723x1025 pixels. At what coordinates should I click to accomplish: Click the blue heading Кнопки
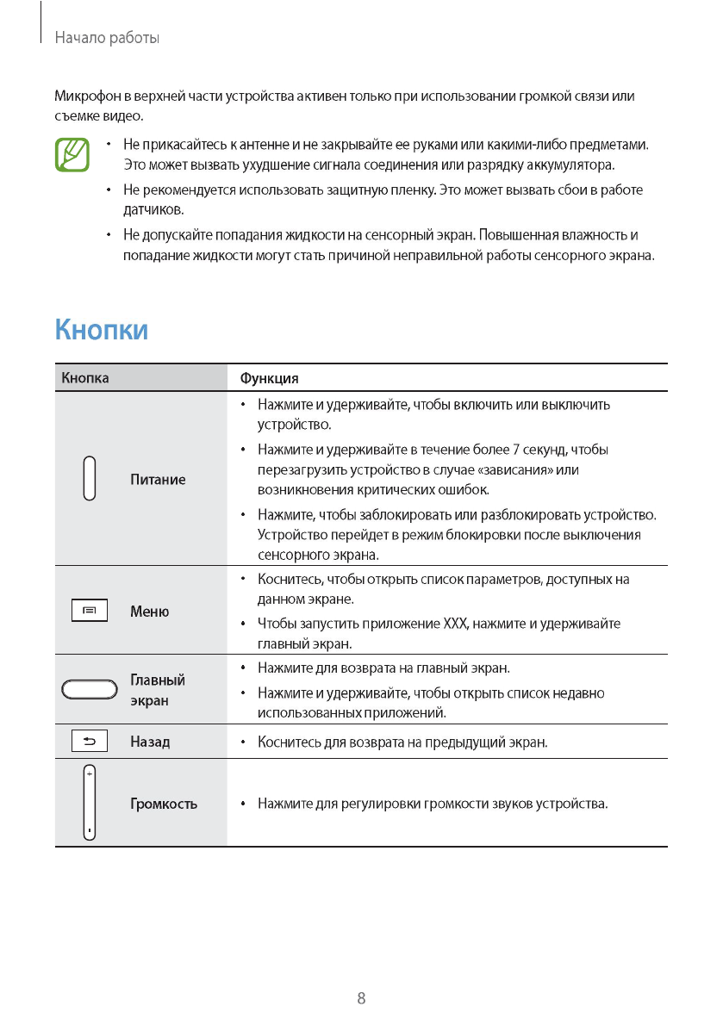[x=102, y=330]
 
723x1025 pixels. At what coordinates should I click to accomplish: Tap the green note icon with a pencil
[x=72, y=154]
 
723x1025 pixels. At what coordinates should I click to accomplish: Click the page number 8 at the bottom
[x=361, y=998]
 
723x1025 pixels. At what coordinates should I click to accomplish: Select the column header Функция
[x=270, y=378]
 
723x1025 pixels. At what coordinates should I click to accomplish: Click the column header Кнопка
[x=85, y=378]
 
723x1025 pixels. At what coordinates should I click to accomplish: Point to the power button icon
[x=90, y=478]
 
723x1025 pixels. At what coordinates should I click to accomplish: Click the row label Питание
[x=158, y=479]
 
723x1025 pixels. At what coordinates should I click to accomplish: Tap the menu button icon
[x=90, y=611]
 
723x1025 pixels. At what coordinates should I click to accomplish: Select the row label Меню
[x=149, y=612]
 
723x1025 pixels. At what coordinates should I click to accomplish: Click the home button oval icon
[x=90, y=689]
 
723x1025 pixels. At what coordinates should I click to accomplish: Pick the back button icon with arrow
[x=90, y=741]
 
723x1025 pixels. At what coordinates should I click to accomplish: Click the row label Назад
[x=150, y=741]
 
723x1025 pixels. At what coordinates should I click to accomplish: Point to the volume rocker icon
[x=90, y=803]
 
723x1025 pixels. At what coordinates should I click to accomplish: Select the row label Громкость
[x=164, y=804]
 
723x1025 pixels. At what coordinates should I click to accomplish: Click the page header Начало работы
[x=107, y=38]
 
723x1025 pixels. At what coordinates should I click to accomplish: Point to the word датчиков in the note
[x=153, y=209]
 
